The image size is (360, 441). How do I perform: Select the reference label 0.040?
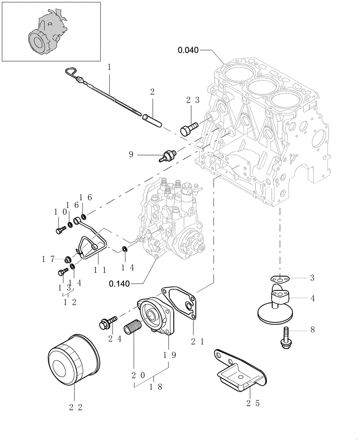pyautogui.click(x=188, y=50)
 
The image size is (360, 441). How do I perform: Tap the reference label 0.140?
pyautogui.click(x=120, y=284)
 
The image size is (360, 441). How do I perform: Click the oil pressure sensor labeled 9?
pyautogui.click(x=167, y=155)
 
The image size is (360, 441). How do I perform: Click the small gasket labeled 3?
pyautogui.click(x=279, y=278)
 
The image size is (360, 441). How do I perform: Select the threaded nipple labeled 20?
pyautogui.click(x=133, y=329)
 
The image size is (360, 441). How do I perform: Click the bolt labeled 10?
pyautogui.click(x=60, y=229)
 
